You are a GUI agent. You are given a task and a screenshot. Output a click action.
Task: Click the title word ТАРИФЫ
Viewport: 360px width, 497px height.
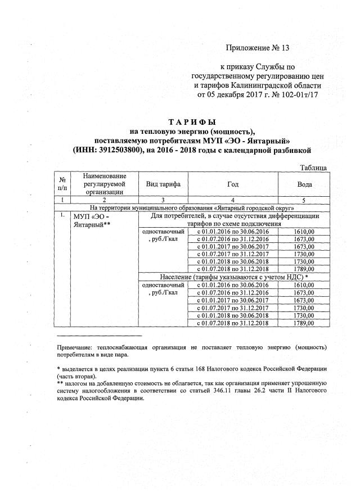tap(192, 122)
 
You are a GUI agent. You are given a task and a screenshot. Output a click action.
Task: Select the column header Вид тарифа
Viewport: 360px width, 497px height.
tap(163, 184)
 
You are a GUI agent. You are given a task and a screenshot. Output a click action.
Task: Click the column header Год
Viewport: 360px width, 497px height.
tap(233, 184)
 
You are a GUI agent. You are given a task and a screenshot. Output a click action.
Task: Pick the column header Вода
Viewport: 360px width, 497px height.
tap(304, 184)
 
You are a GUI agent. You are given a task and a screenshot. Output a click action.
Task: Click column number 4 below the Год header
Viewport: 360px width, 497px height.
tap(233, 200)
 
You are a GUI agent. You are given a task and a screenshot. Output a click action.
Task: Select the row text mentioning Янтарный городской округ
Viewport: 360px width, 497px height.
tap(192, 207)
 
